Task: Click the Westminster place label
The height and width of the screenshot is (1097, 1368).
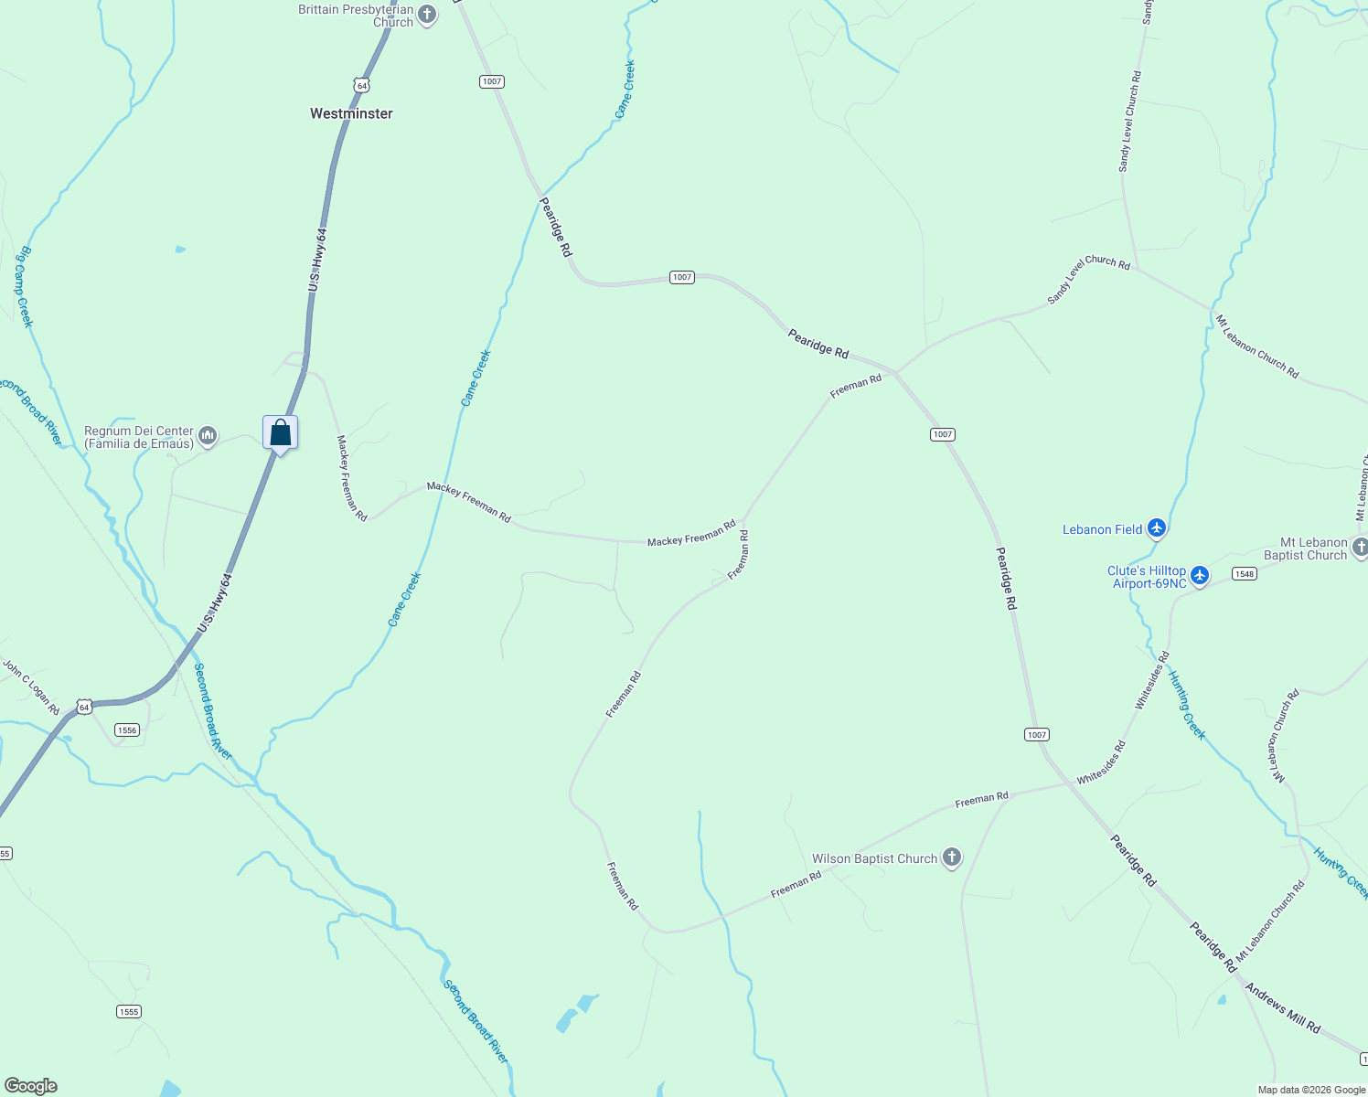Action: (x=351, y=113)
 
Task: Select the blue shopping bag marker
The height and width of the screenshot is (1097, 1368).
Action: (x=280, y=432)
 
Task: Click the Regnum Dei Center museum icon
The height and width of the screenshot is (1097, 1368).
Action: (x=208, y=436)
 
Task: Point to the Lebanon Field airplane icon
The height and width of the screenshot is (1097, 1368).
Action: (x=1157, y=528)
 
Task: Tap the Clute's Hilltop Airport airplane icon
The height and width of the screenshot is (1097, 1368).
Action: (x=1201, y=576)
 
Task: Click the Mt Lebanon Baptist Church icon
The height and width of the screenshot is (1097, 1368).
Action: (x=1360, y=548)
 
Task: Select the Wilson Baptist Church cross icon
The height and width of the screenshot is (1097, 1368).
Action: (x=952, y=857)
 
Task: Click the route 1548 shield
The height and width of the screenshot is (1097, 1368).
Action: (x=1244, y=574)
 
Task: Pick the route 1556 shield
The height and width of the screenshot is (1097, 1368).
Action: (x=126, y=730)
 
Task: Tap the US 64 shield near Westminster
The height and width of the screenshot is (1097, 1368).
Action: (x=362, y=85)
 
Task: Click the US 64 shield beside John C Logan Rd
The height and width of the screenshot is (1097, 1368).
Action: (x=84, y=707)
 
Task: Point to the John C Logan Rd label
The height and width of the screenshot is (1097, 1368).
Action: (x=31, y=687)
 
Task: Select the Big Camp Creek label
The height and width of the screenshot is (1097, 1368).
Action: (x=25, y=286)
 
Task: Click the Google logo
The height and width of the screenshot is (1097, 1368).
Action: (x=30, y=1086)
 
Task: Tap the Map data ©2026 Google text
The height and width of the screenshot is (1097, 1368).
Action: (x=1311, y=1090)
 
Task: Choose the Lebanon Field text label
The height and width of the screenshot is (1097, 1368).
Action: (x=1102, y=529)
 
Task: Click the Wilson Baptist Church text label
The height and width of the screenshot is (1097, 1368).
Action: (x=874, y=858)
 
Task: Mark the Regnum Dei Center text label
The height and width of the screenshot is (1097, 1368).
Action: (x=139, y=437)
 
